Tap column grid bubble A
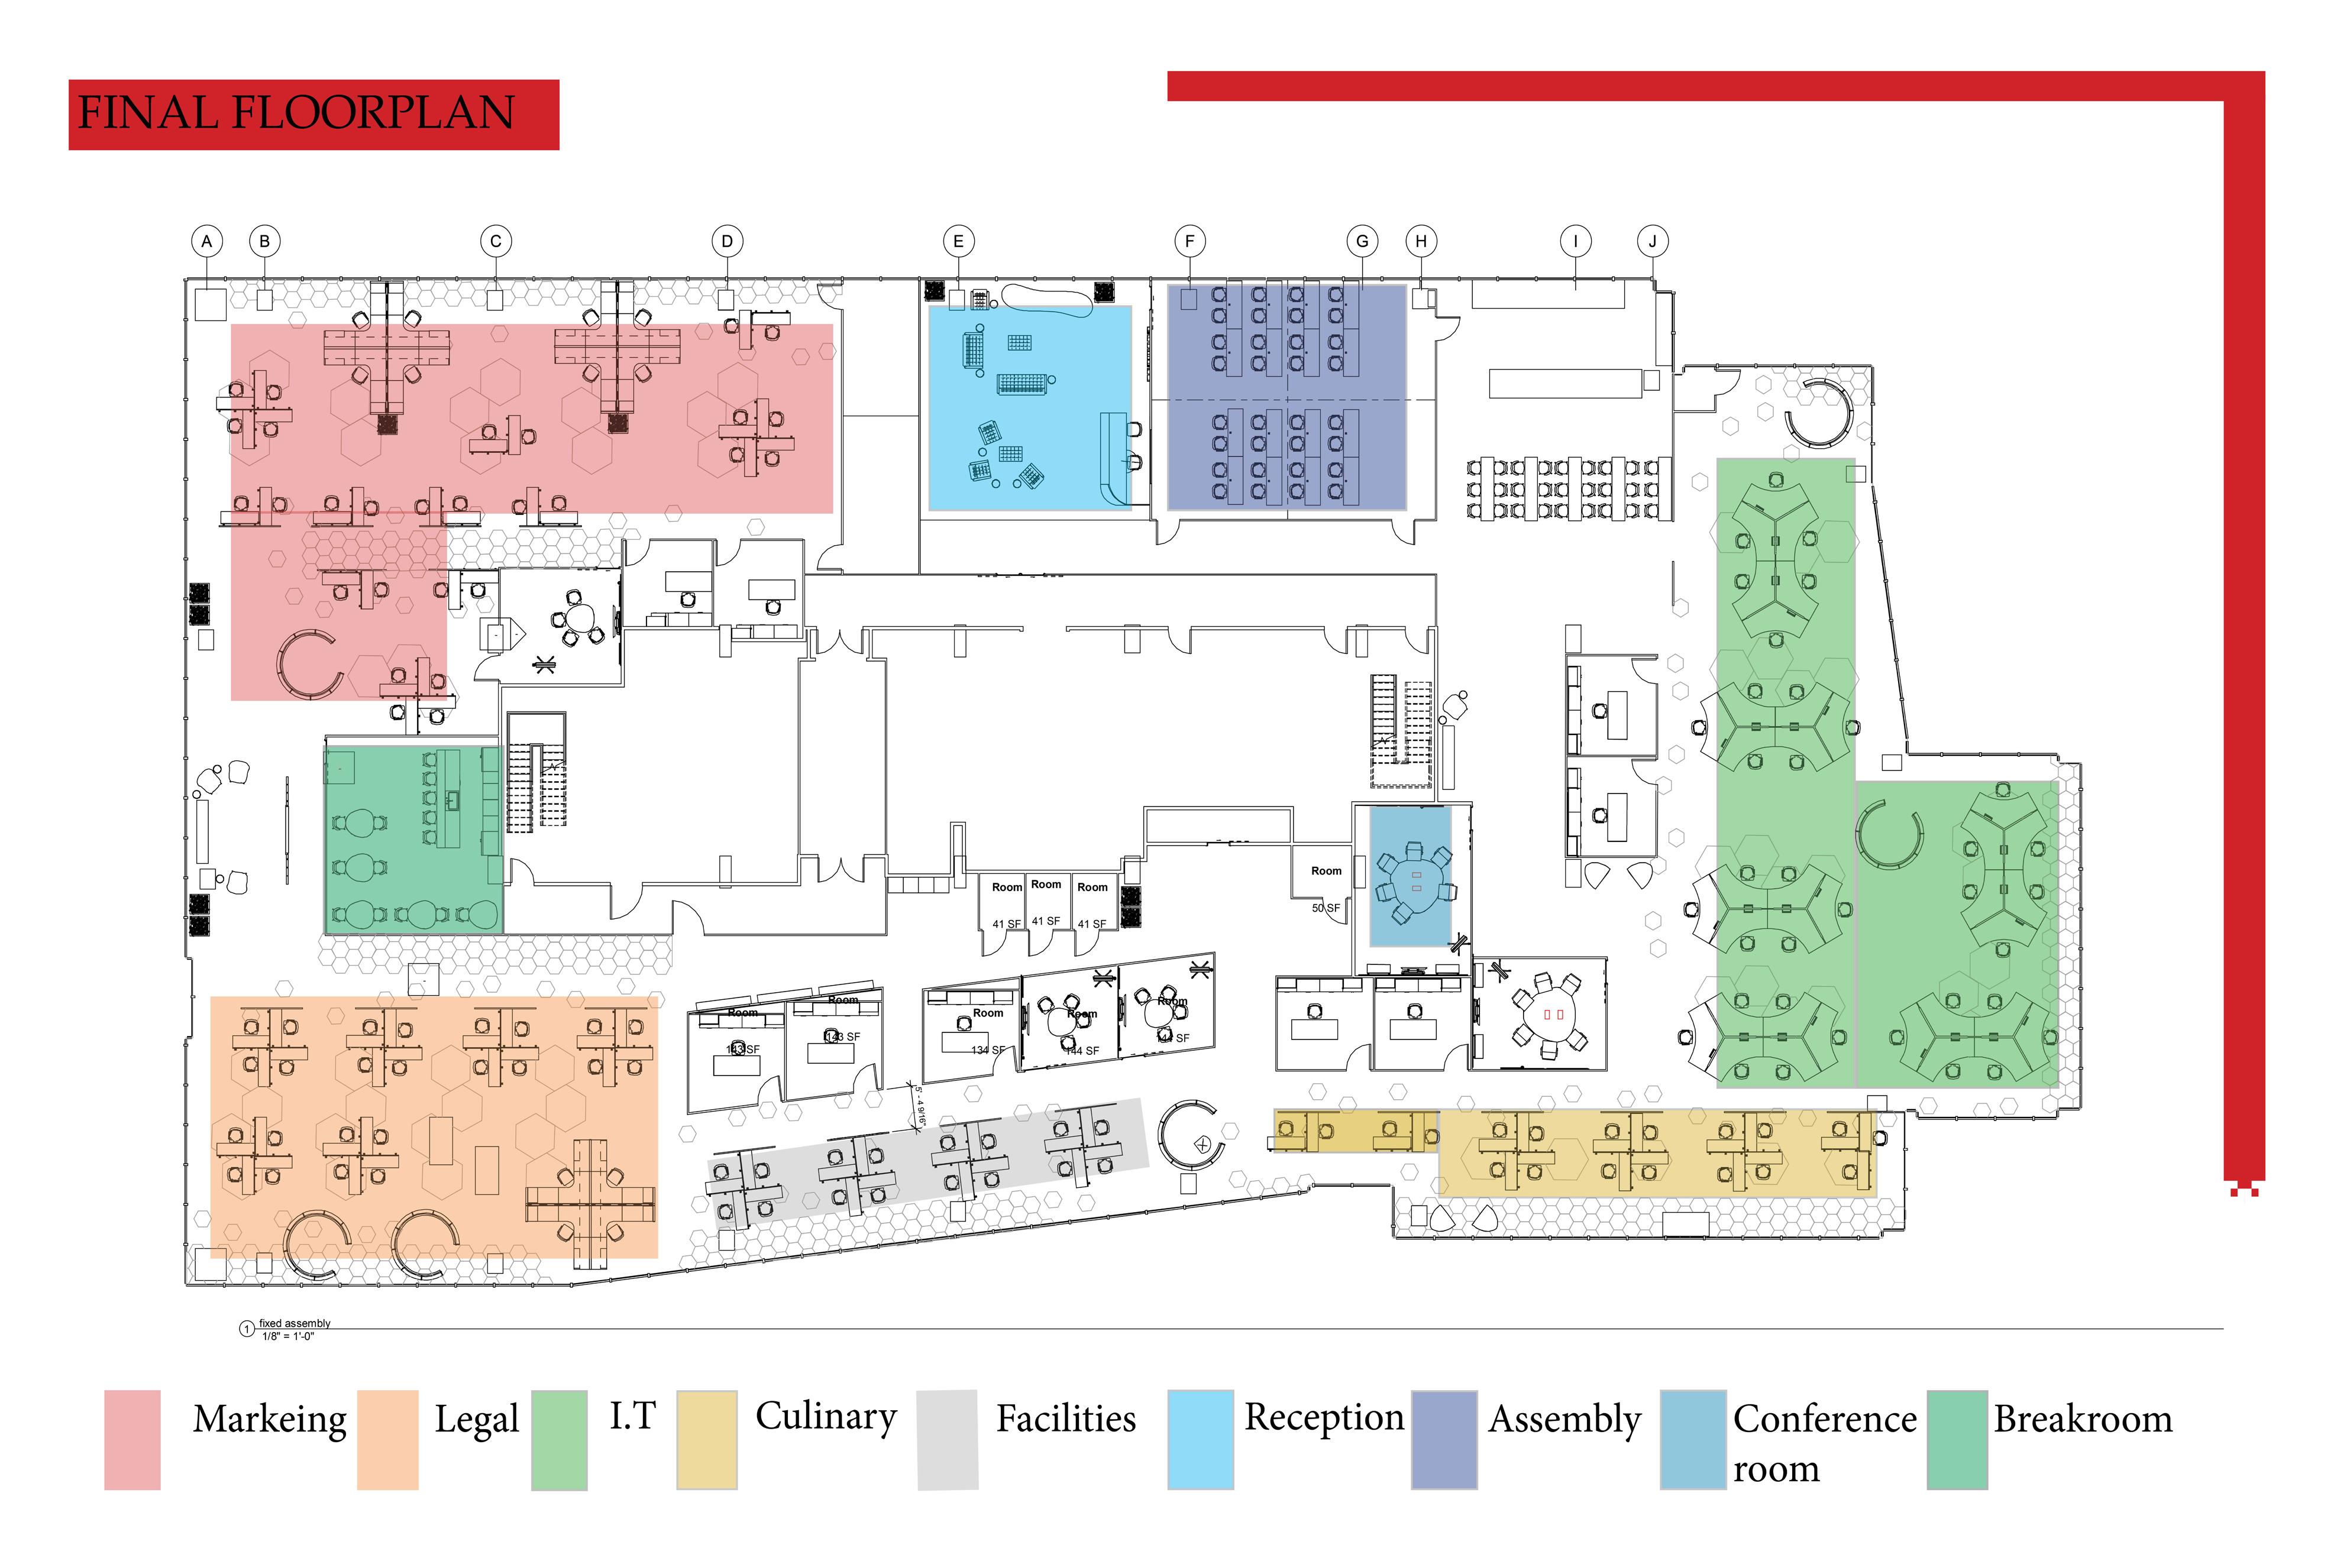point(207,241)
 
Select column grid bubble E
point(958,241)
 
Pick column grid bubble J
point(1652,241)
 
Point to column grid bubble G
point(1361,241)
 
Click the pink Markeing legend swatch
point(132,1440)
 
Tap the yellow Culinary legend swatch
point(707,1440)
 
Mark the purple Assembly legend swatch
point(1444,1440)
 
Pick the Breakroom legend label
point(2083,1418)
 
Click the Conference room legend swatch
point(1693,1440)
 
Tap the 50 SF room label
point(1326,908)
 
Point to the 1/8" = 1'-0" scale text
point(288,1336)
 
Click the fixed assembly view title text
point(295,1323)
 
